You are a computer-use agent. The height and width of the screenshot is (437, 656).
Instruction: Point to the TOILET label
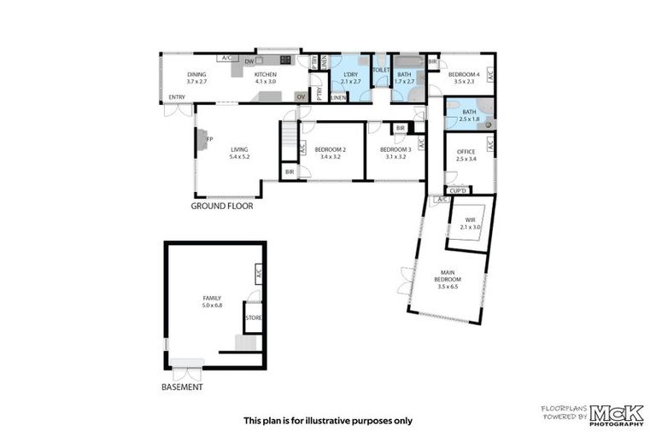[x=381, y=70]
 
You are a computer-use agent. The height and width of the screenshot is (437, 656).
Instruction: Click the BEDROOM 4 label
[x=463, y=74]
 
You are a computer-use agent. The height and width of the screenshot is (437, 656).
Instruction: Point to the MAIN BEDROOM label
[x=448, y=276]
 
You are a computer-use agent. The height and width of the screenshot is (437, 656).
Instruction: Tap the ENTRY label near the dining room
[x=177, y=97]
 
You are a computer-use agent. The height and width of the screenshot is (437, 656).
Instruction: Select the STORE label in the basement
[x=253, y=318]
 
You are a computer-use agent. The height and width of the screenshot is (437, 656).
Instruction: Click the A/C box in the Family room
[x=258, y=274]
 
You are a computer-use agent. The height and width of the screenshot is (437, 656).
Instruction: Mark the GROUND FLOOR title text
[x=221, y=206]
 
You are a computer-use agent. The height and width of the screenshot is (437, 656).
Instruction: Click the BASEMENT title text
[x=182, y=387]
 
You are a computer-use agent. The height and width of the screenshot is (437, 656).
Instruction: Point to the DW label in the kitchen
[x=248, y=61]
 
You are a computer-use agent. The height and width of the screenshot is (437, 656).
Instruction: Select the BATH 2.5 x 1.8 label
[x=469, y=115]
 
